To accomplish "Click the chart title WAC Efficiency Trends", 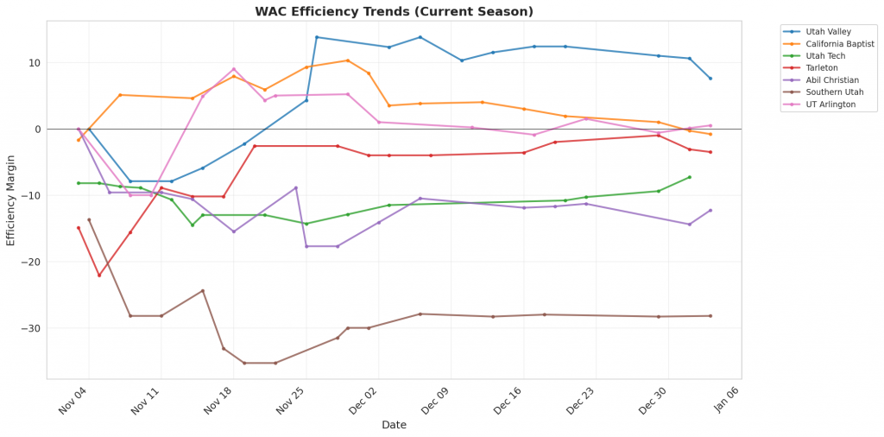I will tap(394, 12).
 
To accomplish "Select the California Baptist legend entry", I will tap(839, 44).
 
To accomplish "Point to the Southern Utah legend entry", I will tap(834, 92).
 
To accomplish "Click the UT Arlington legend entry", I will tap(830, 104).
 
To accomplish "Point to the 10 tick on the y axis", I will tap(34, 63).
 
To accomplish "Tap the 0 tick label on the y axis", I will tap(37, 130).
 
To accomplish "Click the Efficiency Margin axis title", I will tap(11, 200).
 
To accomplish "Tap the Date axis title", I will tap(394, 425).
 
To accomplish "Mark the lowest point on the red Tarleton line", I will tap(99, 275).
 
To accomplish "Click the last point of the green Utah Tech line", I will tap(690, 177).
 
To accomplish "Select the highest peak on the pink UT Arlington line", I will tap(234, 69).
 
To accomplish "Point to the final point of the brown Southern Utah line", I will tap(710, 316).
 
